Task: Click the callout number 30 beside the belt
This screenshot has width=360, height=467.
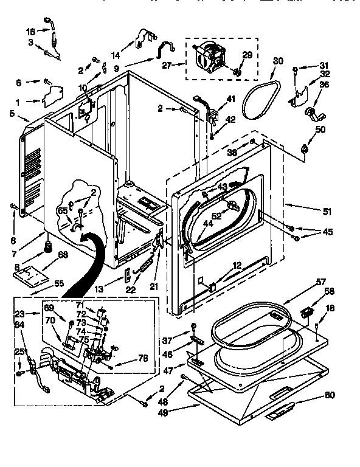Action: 278,61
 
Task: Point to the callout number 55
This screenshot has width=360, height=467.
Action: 58,283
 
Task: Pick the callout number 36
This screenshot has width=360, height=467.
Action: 324,85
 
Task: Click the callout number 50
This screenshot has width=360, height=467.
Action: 320,129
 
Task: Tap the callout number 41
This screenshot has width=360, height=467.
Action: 230,99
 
